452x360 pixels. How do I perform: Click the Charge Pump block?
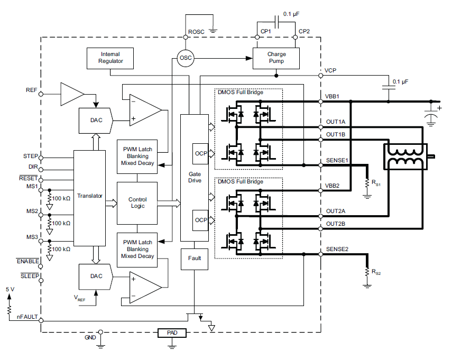(276, 58)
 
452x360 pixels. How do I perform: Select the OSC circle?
(185, 58)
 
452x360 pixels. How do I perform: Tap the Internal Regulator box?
(110, 58)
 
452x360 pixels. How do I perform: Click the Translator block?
(90, 196)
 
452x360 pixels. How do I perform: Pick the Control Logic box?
(137, 202)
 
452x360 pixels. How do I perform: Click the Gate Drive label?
(195, 177)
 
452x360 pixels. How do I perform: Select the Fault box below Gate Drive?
(195, 258)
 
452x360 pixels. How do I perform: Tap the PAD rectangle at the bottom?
(172, 333)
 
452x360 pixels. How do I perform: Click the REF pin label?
(31, 90)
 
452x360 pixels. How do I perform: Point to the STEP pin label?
(30, 156)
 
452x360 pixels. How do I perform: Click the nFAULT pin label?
(26, 317)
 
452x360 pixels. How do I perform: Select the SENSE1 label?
(336, 160)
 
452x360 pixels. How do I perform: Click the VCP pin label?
(330, 70)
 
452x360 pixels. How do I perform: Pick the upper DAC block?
(96, 120)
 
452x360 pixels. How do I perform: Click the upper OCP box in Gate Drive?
(201, 153)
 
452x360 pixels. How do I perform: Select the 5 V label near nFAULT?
(11, 290)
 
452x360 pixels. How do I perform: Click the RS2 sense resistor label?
(376, 273)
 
